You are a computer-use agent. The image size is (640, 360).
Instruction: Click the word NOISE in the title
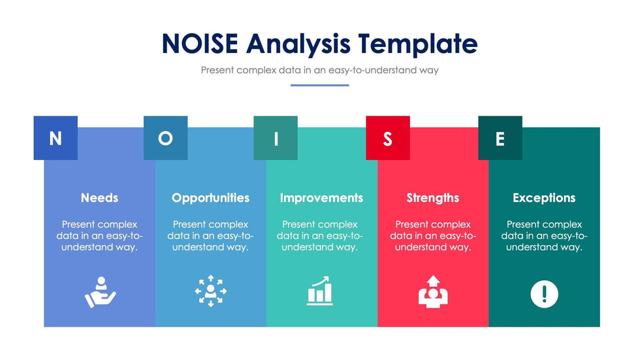[x=200, y=43]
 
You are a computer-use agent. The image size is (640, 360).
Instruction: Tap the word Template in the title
[x=418, y=44]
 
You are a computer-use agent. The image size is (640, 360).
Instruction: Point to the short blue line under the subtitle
[x=319, y=86]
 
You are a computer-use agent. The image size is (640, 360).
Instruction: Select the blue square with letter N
[x=56, y=138]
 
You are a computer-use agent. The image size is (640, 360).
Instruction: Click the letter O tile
[x=165, y=138]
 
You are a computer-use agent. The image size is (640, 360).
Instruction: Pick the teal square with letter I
[x=276, y=138]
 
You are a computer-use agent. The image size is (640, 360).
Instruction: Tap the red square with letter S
[x=388, y=138]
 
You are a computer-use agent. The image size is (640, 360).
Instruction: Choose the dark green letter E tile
[x=500, y=138]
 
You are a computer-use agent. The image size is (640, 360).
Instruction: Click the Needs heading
[x=99, y=198]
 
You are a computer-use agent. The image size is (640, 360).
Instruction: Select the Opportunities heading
[x=210, y=199]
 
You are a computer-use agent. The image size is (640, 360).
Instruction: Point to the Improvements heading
[x=321, y=199]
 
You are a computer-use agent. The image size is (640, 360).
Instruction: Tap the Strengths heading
[x=432, y=199]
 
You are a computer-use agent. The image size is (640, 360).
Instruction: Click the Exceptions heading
[x=544, y=199]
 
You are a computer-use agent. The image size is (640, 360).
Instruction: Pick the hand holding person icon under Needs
[x=100, y=292]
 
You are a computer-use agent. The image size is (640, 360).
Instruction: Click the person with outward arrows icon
[x=210, y=291]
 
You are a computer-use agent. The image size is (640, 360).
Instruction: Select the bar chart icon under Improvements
[x=319, y=291]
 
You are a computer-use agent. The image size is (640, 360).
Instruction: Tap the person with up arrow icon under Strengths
[x=433, y=291]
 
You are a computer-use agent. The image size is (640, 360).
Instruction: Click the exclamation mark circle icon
[x=545, y=294]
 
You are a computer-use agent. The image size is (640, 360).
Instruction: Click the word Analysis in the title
[x=298, y=44]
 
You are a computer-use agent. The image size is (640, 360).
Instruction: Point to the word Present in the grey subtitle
[x=217, y=70]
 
